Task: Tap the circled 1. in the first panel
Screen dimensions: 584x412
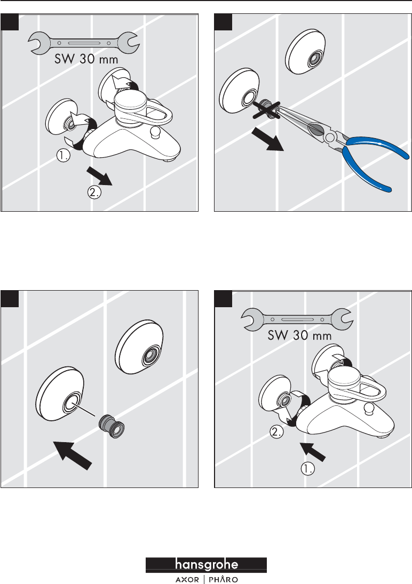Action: (x=64, y=156)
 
